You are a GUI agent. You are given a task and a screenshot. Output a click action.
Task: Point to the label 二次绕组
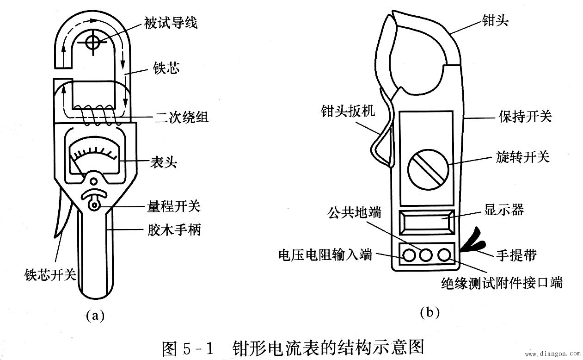[x=181, y=117]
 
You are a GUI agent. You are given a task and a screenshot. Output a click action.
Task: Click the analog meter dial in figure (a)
[x=94, y=158]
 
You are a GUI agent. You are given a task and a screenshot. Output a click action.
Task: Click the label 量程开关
[x=173, y=206]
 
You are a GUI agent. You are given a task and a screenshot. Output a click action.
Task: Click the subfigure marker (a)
[x=95, y=316]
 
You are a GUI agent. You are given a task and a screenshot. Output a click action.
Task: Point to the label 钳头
[x=495, y=20]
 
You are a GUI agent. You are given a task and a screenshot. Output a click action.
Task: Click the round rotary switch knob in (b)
[x=428, y=169]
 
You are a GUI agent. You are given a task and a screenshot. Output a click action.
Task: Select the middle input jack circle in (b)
[x=426, y=254]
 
